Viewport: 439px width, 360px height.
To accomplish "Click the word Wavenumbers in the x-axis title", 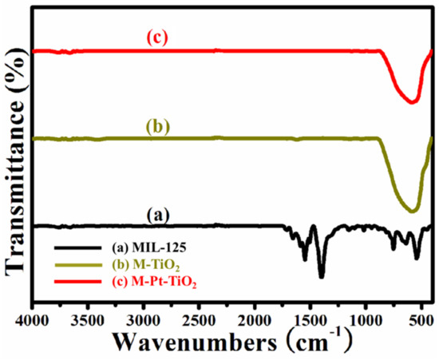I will [192, 343].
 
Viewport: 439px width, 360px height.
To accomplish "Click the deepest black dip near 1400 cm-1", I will [322, 276].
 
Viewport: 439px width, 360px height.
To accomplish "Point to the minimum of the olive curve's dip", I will [413, 212].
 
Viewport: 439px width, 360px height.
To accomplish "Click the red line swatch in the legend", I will [68, 281].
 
